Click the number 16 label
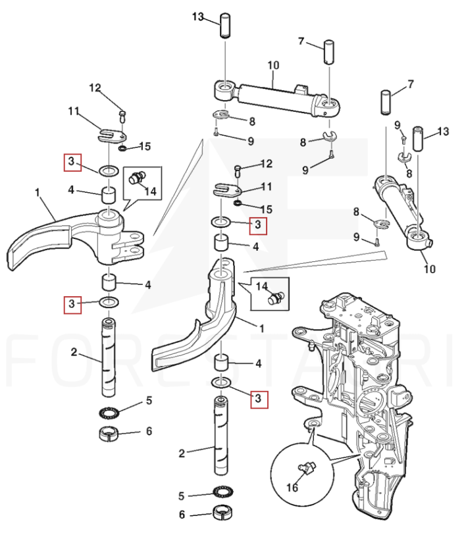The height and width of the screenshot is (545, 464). tap(292, 488)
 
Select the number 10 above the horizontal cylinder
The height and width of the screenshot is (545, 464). tap(273, 65)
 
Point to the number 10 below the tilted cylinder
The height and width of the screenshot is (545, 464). tap(428, 269)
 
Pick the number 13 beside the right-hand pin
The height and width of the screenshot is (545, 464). tap(443, 132)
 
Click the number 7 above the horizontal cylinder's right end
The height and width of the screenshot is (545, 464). tap(301, 41)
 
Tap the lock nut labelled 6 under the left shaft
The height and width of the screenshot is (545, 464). tap(107, 434)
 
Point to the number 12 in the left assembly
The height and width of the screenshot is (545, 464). tap(95, 88)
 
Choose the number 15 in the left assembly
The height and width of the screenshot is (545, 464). tap(145, 145)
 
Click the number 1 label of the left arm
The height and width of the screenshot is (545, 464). tap(38, 194)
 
